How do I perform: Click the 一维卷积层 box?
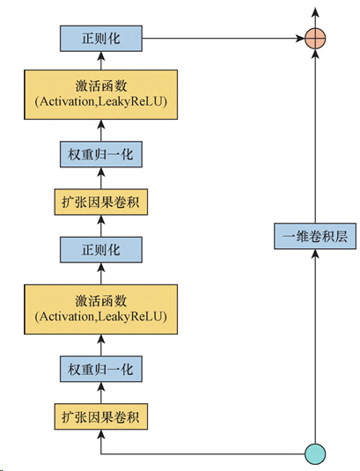[x=315, y=236]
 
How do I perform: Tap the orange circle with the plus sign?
[x=315, y=39]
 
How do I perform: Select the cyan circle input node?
[x=315, y=454]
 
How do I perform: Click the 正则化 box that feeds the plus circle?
[x=101, y=39]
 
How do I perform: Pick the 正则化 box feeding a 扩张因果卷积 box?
[x=101, y=250]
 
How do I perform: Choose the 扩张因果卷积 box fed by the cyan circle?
[x=101, y=416]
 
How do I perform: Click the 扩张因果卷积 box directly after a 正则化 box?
[x=101, y=202]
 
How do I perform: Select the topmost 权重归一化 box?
[x=101, y=154]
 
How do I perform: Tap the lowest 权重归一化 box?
[x=101, y=369]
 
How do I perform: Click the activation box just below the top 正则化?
[x=101, y=94]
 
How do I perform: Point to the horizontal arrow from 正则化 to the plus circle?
[x=224, y=39]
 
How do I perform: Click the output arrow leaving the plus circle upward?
[x=315, y=18]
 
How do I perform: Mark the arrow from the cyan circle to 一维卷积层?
[x=315, y=346]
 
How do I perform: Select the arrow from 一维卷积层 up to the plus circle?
[x=315, y=136]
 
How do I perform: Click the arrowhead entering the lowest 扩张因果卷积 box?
[x=101, y=434]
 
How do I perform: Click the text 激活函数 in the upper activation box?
[x=101, y=86]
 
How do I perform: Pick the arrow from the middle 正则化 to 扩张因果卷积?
[x=101, y=226]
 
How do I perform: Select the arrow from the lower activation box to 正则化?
[x=101, y=274]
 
